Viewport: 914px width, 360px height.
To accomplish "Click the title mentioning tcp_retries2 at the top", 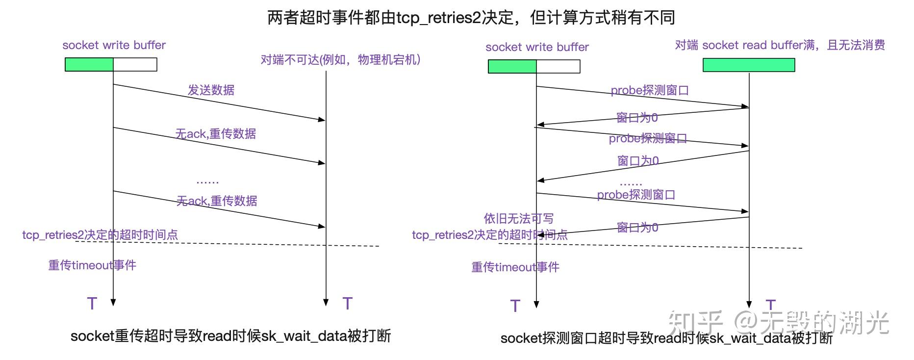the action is click(x=471, y=18).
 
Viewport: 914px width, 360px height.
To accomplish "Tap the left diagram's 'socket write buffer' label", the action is click(x=114, y=45).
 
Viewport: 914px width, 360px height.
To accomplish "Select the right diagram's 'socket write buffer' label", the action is click(x=537, y=47).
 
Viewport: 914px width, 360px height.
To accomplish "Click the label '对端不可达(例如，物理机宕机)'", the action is click(x=340, y=60).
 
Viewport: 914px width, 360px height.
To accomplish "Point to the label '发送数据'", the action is click(x=211, y=90).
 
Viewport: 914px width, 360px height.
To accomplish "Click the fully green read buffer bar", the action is click(x=749, y=65).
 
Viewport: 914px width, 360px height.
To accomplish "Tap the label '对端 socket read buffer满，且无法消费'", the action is click(x=780, y=45).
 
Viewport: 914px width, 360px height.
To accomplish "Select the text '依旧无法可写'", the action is click(x=518, y=218).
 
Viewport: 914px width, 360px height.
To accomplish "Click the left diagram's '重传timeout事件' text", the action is click(x=92, y=265).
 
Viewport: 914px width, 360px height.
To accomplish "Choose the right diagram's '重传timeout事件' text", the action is click(x=515, y=267).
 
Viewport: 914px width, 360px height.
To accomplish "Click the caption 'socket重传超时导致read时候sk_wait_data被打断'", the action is click(x=230, y=336).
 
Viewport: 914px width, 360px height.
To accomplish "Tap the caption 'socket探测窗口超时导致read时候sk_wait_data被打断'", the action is click(x=666, y=338).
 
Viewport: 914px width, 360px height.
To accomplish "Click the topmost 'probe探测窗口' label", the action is click(x=650, y=90).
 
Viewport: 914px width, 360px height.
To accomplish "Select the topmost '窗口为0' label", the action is click(x=637, y=118).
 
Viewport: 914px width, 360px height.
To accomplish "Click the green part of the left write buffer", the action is click(x=89, y=64).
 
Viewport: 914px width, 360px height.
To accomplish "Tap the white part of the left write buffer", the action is click(x=135, y=64).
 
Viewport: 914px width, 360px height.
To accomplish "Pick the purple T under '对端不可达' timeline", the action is click(x=348, y=303).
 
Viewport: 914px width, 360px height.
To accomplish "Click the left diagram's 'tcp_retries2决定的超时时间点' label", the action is click(x=100, y=235).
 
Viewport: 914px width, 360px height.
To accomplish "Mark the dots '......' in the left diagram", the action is click(x=207, y=182).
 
